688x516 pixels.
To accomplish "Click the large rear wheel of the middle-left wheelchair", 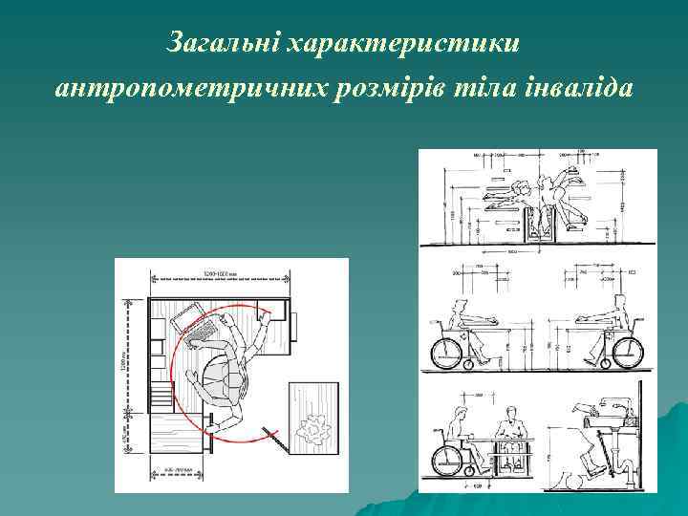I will point(448,351).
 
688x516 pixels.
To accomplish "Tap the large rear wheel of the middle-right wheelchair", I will point(618,351).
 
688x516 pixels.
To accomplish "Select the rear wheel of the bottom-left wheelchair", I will point(448,458).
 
